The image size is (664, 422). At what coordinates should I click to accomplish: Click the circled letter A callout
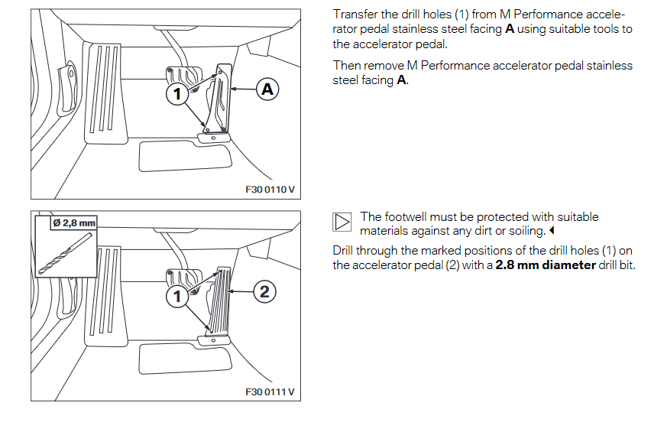tap(267, 90)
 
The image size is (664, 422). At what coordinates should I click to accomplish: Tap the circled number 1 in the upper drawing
tap(177, 94)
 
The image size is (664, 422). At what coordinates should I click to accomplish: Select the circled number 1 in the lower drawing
tap(177, 295)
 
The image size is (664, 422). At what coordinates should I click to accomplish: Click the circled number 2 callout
tap(264, 291)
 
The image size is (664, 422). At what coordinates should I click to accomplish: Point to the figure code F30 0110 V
tap(270, 190)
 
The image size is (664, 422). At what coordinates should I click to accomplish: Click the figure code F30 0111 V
tap(270, 392)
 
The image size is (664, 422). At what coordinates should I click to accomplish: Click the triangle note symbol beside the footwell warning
tap(342, 222)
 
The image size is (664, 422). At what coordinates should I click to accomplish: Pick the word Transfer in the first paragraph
tap(354, 15)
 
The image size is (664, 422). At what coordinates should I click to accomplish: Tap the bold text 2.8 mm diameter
tap(545, 265)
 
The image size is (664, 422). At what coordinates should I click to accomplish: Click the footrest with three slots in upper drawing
tap(105, 92)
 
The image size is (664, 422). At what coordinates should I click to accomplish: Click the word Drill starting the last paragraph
tap(345, 251)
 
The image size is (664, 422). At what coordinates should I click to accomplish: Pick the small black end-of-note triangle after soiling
tap(550, 231)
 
